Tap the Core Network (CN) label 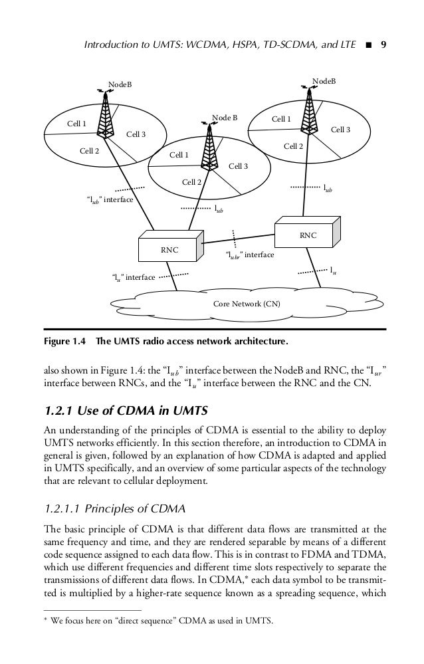tap(247, 304)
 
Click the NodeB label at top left tap(120, 84)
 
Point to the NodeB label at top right tap(324, 80)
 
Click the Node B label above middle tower tap(225, 118)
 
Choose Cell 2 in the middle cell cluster tap(192, 181)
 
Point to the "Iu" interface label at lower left tap(133, 277)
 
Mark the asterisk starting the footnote tap(46, 622)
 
